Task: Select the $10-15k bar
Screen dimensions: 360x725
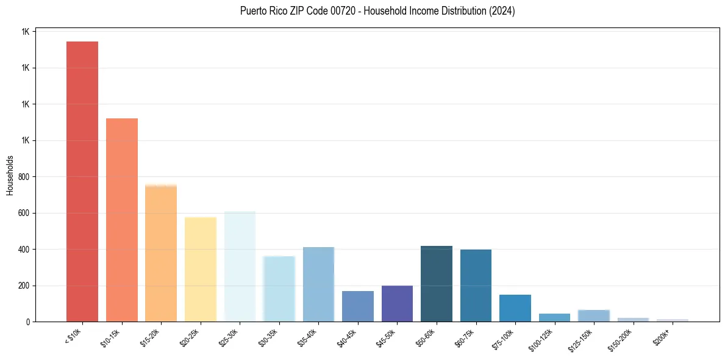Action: (x=122, y=220)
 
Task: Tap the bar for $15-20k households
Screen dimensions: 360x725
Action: (x=161, y=253)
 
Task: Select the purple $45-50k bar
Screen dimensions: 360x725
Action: (x=397, y=304)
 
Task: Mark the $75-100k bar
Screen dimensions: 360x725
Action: (x=515, y=308)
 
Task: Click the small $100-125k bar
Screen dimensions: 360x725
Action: (x=554, y=318)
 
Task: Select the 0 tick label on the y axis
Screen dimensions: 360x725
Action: (x=28, y=322)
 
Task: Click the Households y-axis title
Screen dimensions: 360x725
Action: (x=10, y=175)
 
